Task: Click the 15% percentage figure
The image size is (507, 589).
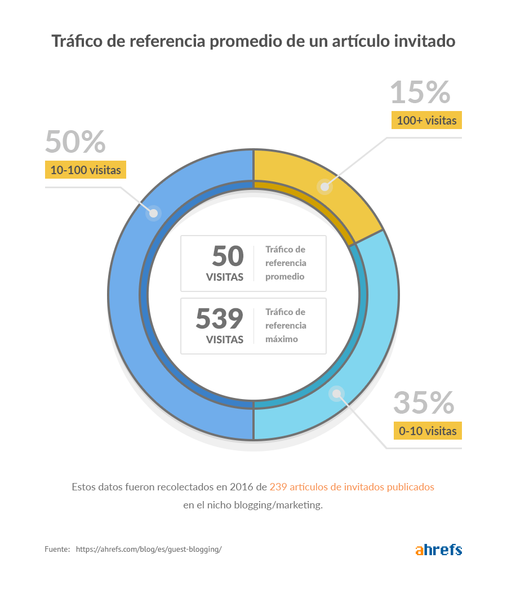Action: point(420,92)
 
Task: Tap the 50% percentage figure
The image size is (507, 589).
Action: point(75,141)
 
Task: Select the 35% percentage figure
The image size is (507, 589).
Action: point(424,402)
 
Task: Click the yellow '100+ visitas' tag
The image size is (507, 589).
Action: point(426,121)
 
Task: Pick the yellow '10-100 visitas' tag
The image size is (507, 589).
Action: point(86,170)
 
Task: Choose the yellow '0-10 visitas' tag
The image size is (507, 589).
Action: point(427,431)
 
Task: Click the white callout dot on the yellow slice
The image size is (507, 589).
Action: point(324,187)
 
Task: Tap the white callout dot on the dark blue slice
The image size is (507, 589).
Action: point(153,214)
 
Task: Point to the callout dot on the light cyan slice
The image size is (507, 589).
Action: point(336,393)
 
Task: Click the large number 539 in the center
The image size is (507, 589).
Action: point(220,319)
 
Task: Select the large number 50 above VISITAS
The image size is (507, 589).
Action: point(228,256)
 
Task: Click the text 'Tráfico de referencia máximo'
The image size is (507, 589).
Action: point(286,326)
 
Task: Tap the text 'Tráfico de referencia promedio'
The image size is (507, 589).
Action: point(286,263)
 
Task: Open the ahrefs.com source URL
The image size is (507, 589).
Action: point(149,549)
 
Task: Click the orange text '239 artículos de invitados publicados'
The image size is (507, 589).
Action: point(352,486)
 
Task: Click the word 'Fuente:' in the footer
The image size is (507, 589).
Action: point(57,549)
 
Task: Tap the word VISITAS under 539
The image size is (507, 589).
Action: point(225,340)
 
